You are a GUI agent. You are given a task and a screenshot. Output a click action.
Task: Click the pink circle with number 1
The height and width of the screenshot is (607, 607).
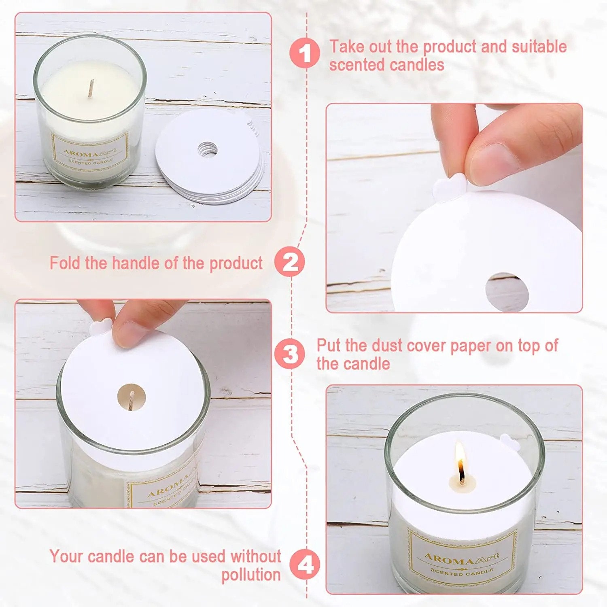(305, 53)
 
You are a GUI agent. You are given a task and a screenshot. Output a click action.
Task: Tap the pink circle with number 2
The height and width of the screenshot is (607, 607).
(290, 262)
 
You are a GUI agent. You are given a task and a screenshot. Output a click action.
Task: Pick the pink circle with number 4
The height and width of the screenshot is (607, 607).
(305, 565)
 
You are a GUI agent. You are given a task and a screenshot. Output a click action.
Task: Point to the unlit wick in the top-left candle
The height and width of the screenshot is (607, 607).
(91, 88)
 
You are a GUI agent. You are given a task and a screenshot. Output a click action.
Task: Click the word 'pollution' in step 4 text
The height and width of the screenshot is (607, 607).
(251, 575)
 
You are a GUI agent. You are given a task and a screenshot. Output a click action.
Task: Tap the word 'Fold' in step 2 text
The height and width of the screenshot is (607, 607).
(66, 263)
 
